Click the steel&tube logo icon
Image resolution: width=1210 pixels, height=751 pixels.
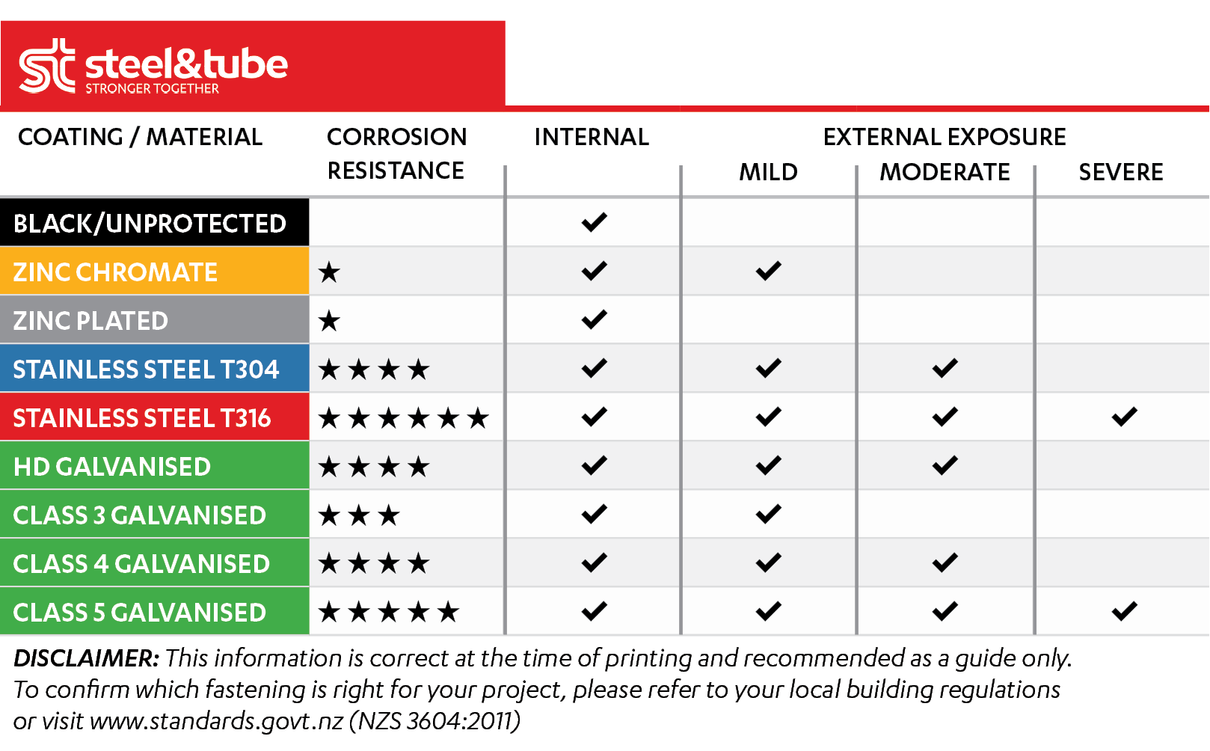[x=47, y=65]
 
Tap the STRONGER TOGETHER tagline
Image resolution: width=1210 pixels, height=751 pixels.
[x=153, y=88]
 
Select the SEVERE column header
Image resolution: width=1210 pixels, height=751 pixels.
[x=1121, y=172]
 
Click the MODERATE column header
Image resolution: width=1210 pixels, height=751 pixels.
[x=945, y=172]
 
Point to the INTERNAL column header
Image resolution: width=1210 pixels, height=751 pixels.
[x=592, y=137]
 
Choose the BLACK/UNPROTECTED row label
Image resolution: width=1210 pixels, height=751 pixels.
[x=150, y=223]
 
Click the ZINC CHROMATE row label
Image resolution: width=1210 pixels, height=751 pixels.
[x=115, y=272]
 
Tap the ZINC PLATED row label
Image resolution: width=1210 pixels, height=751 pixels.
[x=90, y=321]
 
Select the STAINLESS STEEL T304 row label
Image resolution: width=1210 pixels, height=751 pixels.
[x=146, y=370]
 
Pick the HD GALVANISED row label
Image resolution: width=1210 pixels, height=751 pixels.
[x=112, y=467]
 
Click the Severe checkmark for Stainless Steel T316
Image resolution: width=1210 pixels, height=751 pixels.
[x=1125, y=417]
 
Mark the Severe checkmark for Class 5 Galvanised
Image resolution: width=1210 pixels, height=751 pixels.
[x=1125, y=611]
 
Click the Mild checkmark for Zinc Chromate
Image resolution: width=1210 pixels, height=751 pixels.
[x=769, y=271]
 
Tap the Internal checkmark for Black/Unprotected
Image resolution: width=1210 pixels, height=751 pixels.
[x=595, y=222]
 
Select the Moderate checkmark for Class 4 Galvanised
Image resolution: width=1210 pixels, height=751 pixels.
[x=945, y=563]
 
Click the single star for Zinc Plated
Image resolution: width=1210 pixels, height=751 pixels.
[x=329, y=322]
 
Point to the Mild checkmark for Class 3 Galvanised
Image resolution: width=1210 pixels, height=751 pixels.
[x=769, y=514]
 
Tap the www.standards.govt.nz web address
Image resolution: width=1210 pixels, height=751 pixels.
[x=217, y=721]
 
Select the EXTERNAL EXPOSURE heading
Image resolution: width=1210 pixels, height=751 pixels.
[x=945, y=137]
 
